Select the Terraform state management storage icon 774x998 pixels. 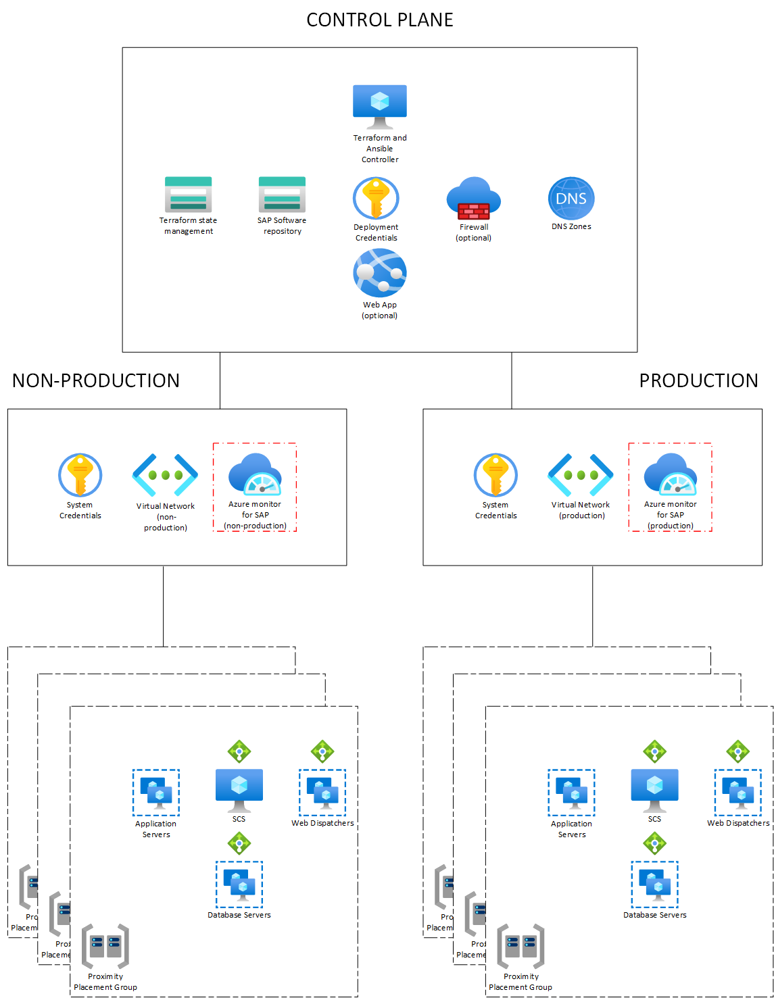pos(189,195)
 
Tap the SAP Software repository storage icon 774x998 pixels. pos(282,195)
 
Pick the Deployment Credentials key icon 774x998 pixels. pos(376,199)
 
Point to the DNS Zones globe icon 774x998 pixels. pos(571,199)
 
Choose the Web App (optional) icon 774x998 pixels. pos(380,272)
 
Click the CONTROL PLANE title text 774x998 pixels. pos(380,20)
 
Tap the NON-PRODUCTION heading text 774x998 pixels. pos(96,380)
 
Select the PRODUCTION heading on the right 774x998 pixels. pos(698,380)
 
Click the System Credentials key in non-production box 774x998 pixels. pos(80,475)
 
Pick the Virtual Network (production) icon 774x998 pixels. pos(581,475)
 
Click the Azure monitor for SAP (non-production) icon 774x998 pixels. pos(255,474)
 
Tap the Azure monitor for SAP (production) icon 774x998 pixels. pos(671,474)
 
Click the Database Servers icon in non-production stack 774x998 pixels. pos(239,884)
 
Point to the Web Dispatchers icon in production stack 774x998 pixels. pos(737,792)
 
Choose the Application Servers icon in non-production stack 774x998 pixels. pos(156,792)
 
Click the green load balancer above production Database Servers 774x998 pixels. pos(654,843)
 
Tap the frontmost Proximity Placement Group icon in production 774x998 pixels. pos(521,947)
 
